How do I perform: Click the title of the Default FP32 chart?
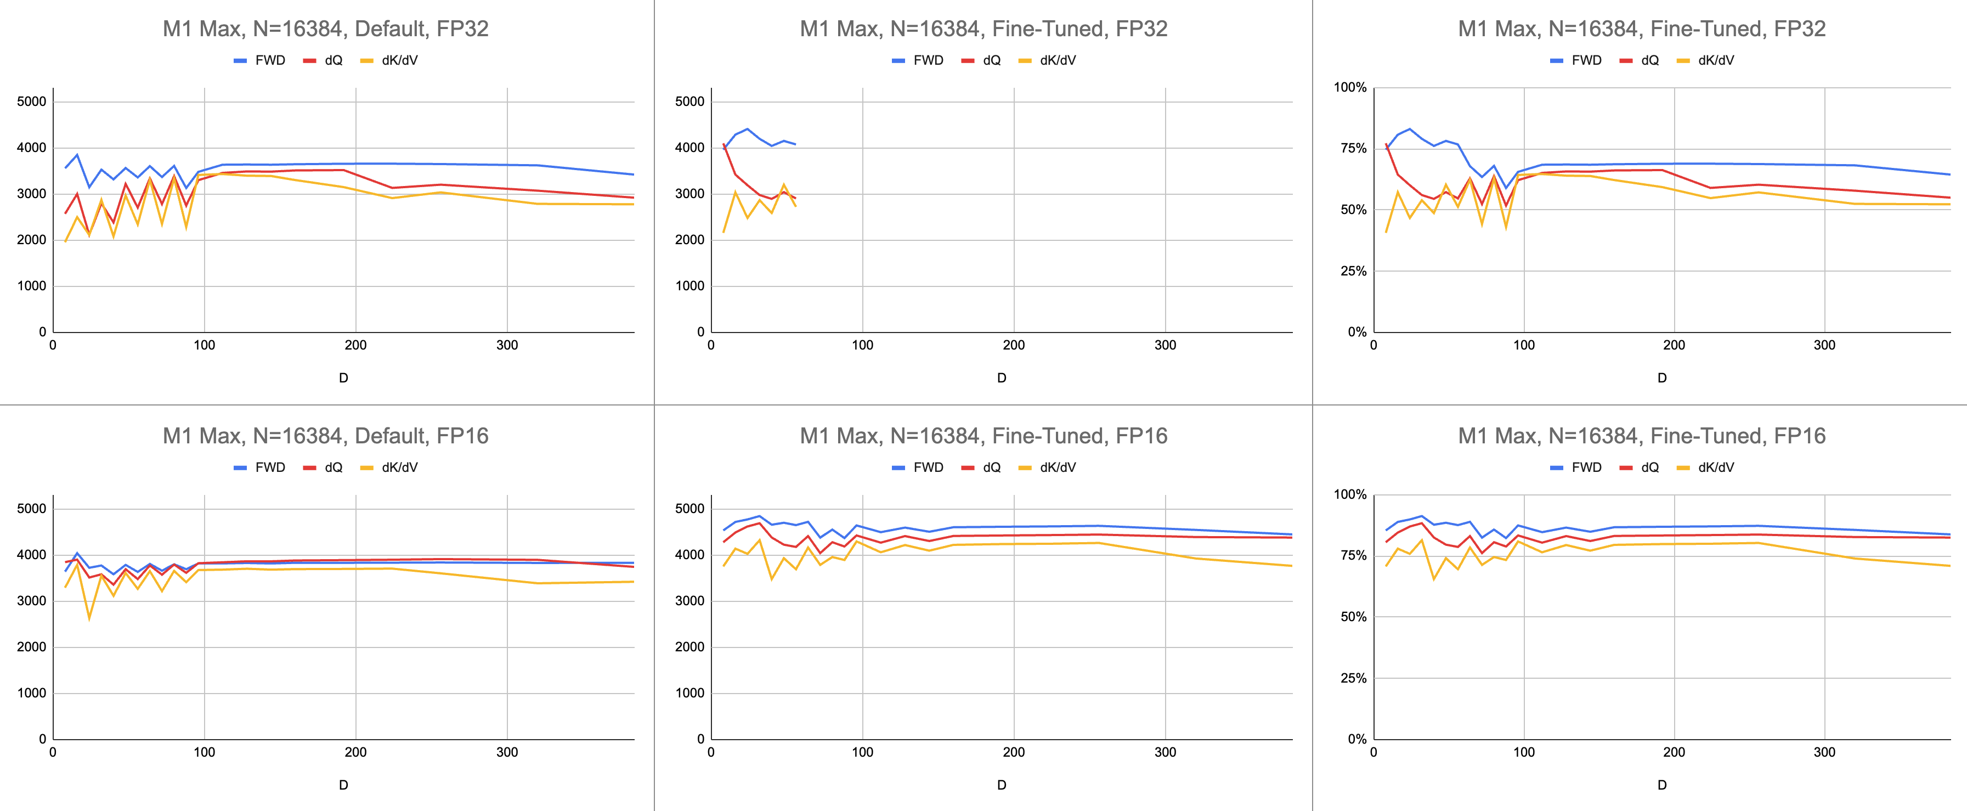click(325, 29)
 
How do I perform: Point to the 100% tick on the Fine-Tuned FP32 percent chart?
click(1349, 88)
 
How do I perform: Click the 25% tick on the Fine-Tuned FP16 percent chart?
click(1353, 678)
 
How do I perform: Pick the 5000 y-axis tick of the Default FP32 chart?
click(31, 102)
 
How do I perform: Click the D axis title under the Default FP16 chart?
click(343, 785)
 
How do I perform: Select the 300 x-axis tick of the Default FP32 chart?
click(507, 345)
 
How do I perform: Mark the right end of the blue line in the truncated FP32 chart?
click(796, 144)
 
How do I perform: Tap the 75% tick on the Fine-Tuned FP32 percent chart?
click(1353, 148)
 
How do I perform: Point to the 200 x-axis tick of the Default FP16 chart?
click(356, 752)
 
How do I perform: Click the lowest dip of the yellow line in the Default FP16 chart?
click(89, 618)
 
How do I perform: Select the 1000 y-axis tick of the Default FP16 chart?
click(31, 694)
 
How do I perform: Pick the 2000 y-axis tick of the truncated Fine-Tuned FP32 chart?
click(689, 240)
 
